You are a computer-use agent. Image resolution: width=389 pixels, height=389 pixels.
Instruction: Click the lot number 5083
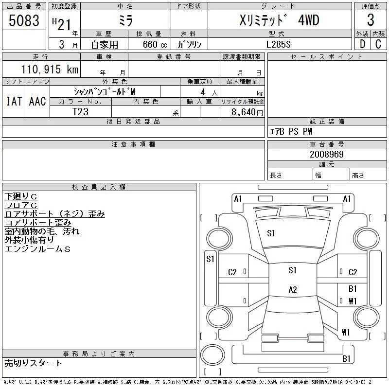(24, 21)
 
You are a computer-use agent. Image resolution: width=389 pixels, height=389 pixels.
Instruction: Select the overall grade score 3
(371, 21)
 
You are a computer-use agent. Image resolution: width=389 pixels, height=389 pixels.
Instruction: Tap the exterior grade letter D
(362, 44)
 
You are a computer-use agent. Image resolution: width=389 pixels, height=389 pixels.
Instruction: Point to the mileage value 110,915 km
(50, 70)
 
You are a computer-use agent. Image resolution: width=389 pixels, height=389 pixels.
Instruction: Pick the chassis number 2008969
(327, 155)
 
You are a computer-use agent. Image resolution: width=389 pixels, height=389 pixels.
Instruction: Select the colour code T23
(81, 111)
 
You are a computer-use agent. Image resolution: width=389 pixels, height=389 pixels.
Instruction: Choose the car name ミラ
(125, 20)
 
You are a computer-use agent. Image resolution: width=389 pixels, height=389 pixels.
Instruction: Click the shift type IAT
(14, 102)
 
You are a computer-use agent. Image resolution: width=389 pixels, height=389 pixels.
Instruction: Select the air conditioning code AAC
(37, 102)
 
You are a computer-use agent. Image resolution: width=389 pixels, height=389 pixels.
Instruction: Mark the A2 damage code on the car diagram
(293, 290)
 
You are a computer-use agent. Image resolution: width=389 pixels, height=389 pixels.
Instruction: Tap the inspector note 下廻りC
(21, 196)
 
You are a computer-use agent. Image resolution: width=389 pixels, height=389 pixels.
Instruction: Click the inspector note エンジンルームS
(37, 249)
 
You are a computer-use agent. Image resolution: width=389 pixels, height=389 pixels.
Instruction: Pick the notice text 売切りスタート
(33, 363)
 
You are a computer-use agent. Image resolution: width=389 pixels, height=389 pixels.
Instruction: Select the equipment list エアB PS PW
(291, 131)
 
